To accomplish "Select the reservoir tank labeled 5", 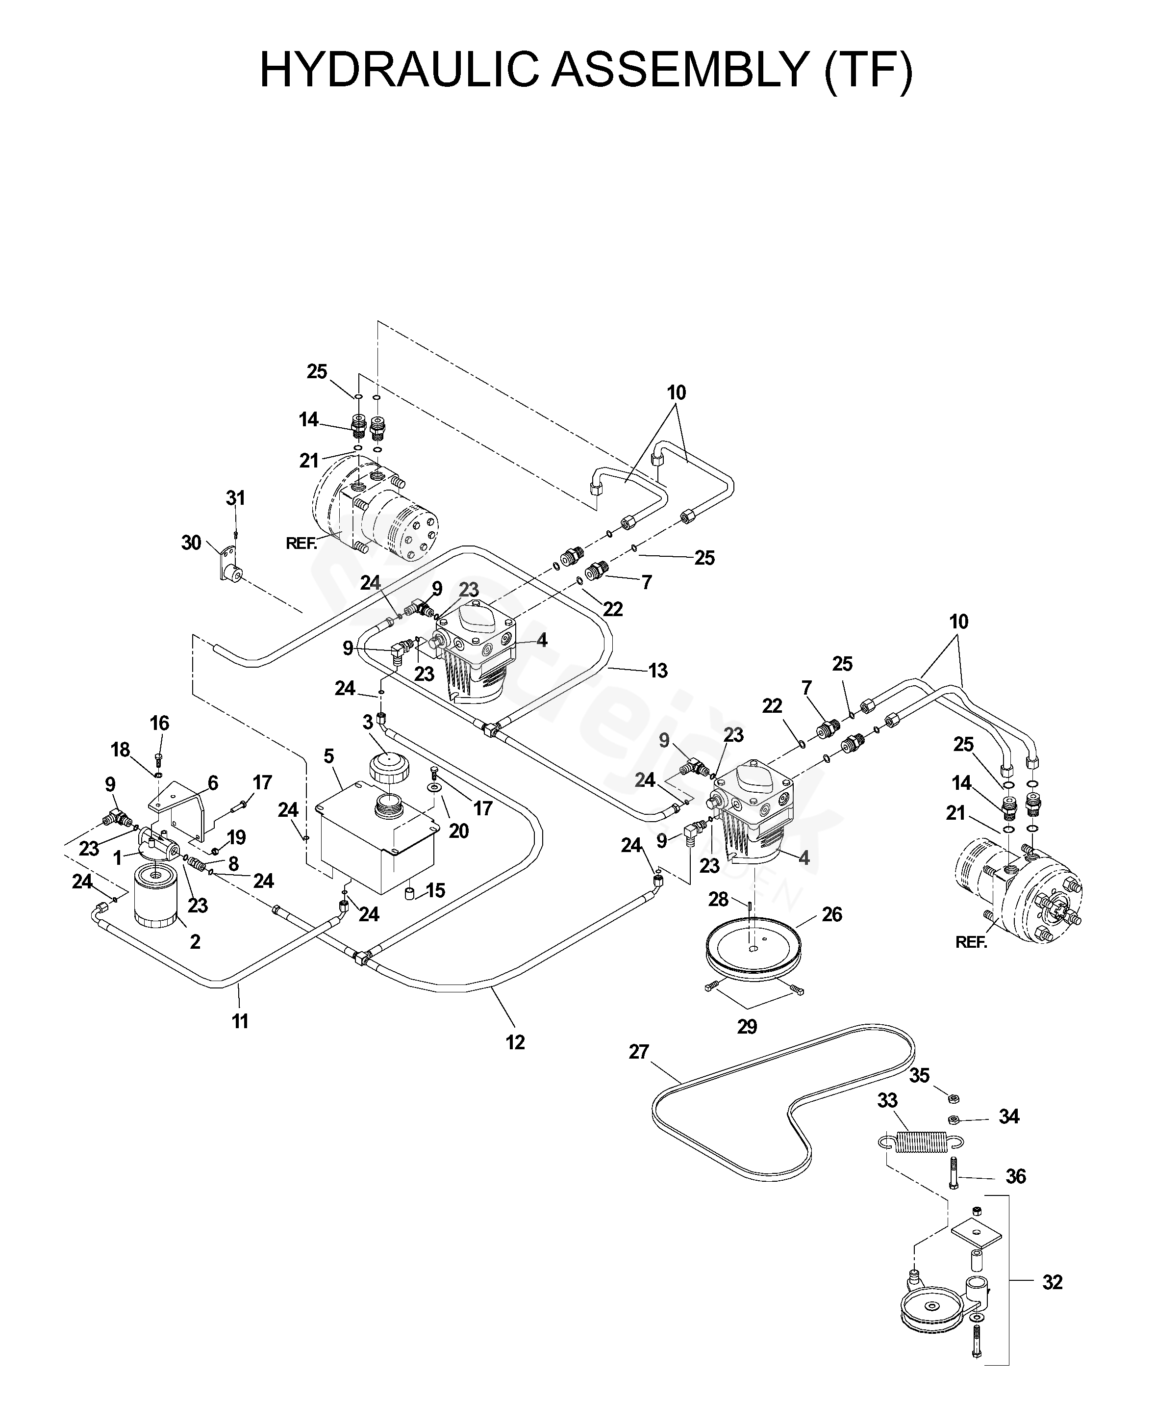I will tap(377, 842).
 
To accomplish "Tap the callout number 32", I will tap(1052, 1282).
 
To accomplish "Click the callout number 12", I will tap(515, 1042).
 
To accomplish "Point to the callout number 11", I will tap(240, 1021).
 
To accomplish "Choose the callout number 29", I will tap(747, 1027).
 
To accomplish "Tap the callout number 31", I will tap(235, 498).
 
